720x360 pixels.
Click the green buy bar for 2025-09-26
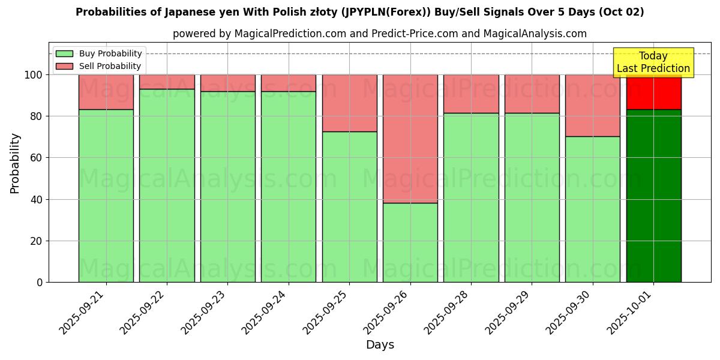click(410, 242)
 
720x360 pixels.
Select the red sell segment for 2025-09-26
click(410, 139)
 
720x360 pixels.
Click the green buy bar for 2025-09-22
click(167, 185)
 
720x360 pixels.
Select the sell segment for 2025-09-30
click(592, 106)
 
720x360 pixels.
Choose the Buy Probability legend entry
click(99, 54)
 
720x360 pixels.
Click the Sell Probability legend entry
click(99, 66)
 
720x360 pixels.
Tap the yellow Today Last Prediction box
click(653, 62)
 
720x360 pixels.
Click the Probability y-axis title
click(15, 163)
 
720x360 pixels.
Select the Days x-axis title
click(380, 345)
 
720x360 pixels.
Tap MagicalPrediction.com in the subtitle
click(290, 34)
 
